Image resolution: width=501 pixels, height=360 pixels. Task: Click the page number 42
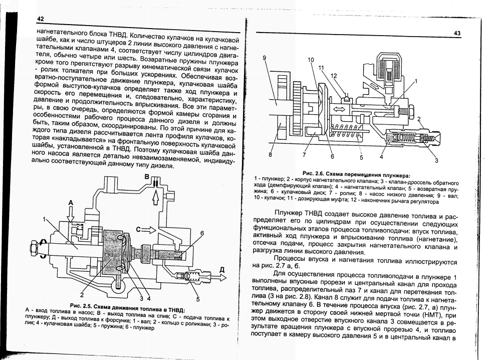click(x=40, y=19)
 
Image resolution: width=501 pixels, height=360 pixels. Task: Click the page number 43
click(x=457, y=33)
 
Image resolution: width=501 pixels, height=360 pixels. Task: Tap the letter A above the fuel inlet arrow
click(x=71, y=203)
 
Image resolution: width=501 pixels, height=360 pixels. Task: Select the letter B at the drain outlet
click(x=147, y=176)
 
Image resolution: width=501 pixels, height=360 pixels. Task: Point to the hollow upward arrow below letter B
click(x=156, y=196)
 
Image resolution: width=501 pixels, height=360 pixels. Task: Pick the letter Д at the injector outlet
click(x=222, y=270)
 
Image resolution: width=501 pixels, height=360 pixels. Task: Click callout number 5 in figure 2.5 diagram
click(x=198, y=299)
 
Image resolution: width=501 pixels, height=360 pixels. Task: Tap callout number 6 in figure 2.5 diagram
click(x=202, y=234)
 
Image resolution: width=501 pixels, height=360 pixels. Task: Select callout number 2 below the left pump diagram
click(x=82, y=295)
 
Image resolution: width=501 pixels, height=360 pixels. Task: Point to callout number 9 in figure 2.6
click(x=264, y=58)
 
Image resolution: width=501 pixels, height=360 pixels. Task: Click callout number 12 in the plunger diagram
click(x=334, y=76)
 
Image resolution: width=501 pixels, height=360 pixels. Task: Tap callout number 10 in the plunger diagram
click(x=311, y=60)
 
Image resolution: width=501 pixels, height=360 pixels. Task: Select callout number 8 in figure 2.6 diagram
click(x=271, y=155)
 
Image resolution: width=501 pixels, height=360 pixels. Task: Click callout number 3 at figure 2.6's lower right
click(x=436, y=160)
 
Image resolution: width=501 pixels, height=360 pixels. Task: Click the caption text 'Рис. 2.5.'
click(x=80, y=305)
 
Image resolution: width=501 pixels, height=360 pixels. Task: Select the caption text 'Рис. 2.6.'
click(x=314, y=173)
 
